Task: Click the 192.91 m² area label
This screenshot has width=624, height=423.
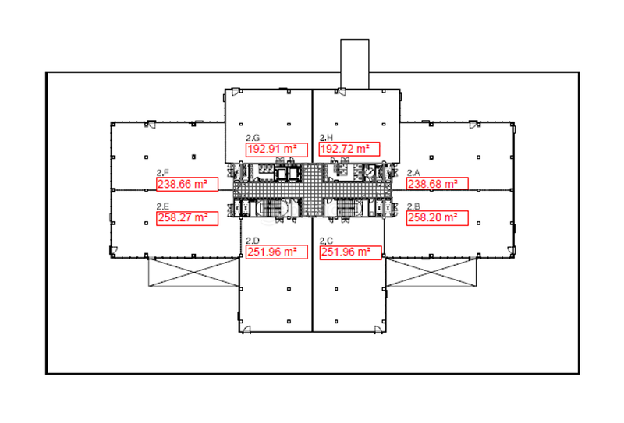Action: (x=277, y=150)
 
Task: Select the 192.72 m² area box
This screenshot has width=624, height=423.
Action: (x=349, y=149)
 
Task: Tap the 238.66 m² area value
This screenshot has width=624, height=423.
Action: (x=187, y=184)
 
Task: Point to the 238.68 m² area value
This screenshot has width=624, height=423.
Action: (x=438, y=184)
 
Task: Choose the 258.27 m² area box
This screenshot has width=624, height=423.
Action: (x=187, y=218)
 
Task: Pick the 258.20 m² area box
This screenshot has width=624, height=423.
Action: (x=438, y=218)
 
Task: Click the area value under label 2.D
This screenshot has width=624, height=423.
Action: (x=277, y=252)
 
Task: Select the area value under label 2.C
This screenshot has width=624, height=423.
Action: (x=350, y=252)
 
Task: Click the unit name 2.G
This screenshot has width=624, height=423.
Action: (x=253, y=138)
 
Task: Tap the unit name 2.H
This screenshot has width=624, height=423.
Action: (x=326, y=138)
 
